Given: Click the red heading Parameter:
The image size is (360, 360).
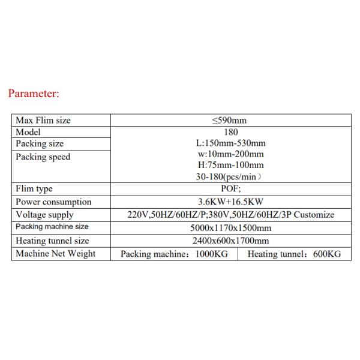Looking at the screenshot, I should [34, 94].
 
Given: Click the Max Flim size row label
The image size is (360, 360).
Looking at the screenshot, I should [43, 121].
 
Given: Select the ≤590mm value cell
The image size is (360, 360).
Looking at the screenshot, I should [230, 121].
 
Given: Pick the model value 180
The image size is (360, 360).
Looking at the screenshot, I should [230, 132].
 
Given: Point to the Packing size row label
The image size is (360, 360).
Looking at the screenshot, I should [40, 144].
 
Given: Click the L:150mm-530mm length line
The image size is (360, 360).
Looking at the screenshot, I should [230, 143].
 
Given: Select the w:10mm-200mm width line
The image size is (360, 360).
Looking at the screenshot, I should [230, 154].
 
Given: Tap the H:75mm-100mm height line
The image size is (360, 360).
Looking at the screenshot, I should [230, 165].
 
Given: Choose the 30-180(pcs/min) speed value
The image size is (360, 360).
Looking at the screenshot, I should [230, 176].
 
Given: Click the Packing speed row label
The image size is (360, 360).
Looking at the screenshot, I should [43, 157].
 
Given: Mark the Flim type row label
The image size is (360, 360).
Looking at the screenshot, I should [34, 189].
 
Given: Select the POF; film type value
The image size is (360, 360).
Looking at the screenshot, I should [230, 189].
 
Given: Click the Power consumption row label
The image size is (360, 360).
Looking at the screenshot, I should [54, 202].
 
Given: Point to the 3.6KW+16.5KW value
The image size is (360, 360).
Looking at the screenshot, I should [230, 202].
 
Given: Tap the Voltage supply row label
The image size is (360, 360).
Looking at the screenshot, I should [45, 215].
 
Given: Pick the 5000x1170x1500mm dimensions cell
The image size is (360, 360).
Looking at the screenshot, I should [230, 228].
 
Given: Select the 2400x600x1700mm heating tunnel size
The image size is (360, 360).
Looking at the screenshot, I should [230, 241].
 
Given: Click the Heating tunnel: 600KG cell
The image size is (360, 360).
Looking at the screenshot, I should [294, 254].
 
